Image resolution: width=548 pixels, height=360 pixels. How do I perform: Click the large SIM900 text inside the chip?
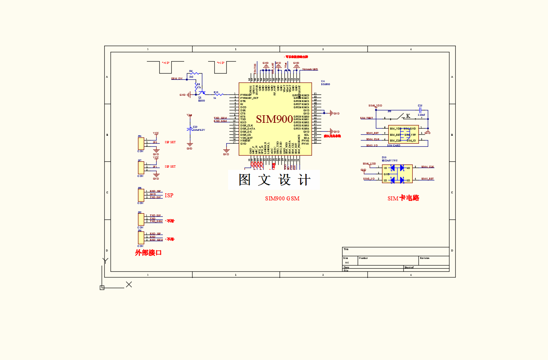274,119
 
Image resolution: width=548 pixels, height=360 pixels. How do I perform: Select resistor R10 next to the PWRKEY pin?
216,94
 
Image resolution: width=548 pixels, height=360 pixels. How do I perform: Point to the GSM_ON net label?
177,78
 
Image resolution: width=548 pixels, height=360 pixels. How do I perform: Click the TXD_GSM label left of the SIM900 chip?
220,118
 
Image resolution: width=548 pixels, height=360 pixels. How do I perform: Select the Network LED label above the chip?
310,69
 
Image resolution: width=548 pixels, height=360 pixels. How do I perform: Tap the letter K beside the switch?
408,116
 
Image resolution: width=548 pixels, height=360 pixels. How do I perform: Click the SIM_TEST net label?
367,118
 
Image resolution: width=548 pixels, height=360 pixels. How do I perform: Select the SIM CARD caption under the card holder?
394,145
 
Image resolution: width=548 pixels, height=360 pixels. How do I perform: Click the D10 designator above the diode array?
384,157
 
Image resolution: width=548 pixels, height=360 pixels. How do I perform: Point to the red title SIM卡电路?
403,198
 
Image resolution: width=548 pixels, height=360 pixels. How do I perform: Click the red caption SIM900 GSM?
282,199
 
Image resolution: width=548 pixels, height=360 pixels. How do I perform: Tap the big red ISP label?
169,196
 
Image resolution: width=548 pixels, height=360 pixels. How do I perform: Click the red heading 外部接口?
148,253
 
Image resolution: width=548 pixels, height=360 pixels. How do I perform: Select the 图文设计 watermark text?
274,180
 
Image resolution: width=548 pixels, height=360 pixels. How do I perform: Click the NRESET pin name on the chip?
245,141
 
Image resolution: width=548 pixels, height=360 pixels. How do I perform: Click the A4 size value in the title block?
347,262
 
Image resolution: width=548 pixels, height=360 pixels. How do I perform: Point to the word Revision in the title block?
425,258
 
